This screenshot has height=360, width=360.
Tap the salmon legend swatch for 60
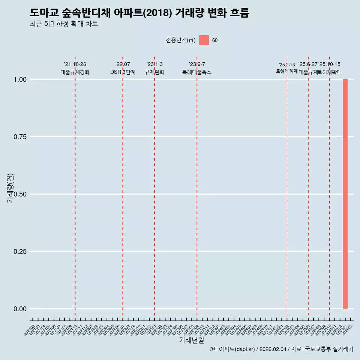pyautogui.click(x=204, y=40)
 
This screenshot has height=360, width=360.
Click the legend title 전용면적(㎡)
pyautogui.click(x=181, y=40)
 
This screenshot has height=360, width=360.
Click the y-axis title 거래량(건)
pyautogui.click(x=10, y=188)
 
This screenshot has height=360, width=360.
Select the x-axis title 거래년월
pyautogui.click(x=191, y=340)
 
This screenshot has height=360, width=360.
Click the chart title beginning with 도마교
pyautogui.click(x=139, y=13)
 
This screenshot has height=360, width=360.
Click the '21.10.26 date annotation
pyautogui.click(x=75, y=64)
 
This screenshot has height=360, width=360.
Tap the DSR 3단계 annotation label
pyautogui.click(x=123, y=72)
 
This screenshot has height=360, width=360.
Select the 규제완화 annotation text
pyautogui.click(x=154, y=72)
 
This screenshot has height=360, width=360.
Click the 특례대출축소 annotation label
pyautogui.click(x=197, y=72)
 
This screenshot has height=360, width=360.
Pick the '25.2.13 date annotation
pyautogui.click(x=287, y=65)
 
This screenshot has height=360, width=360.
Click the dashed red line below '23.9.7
pyautogui.click(x=197, y=187)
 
